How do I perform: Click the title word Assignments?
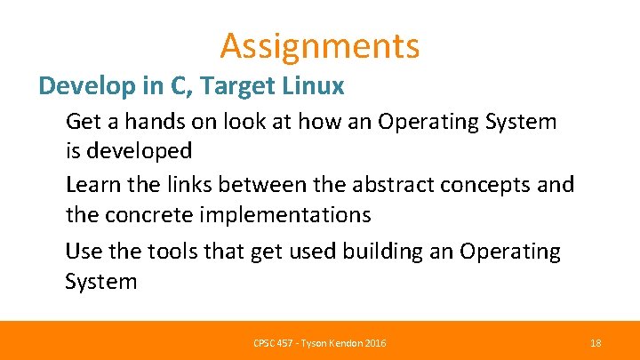coord(320,45)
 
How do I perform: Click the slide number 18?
coord(596,343)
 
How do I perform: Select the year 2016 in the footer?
coord(375,343)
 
